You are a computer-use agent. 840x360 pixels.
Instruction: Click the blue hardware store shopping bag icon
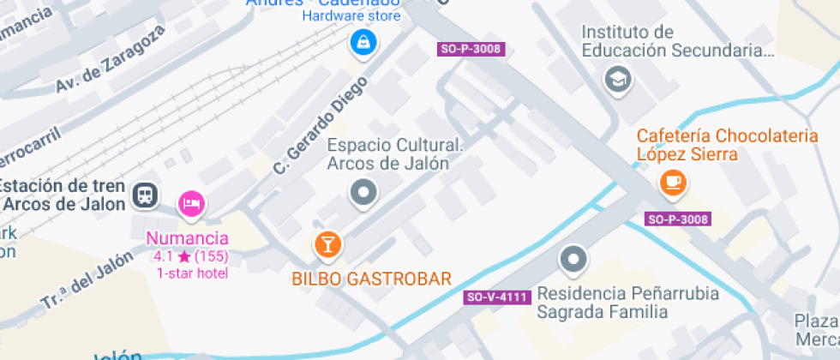[x=363, y=40]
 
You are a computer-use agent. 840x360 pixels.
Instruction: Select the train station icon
[x=145, y=196]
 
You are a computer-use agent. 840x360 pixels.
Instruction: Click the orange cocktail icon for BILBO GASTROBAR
[x=327, y=244]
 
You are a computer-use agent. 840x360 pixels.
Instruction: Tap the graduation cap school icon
[x=616, y=81]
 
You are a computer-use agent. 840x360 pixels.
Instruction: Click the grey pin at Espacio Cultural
[x=363, y=193]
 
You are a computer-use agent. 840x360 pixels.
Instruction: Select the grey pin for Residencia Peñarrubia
[x=573, y=257]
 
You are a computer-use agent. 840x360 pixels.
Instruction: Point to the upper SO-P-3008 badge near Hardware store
[x=470, y=49]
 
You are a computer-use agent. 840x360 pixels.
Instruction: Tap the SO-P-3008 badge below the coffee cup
[x=678, y=219]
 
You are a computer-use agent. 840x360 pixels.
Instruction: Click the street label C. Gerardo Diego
[x=320, y=125]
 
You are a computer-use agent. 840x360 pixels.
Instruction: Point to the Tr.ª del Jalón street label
[x=88, y=280]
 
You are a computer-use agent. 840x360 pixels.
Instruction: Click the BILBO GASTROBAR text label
[x=371, y=278]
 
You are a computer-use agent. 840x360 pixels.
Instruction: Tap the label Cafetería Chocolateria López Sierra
[x=725, y=145]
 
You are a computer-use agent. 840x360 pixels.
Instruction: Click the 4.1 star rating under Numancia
[x=190, y=256]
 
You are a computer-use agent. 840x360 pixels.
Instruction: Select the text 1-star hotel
[x=191, y=273]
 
